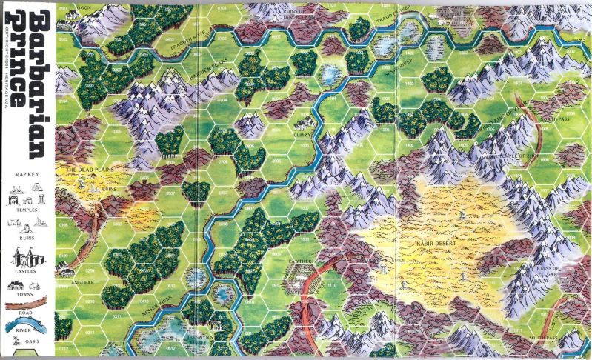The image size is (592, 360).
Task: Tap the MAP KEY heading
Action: coord(27,175)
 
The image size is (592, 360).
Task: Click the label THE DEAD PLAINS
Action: coord(88,170)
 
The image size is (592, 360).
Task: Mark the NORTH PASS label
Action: coord(555,119)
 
